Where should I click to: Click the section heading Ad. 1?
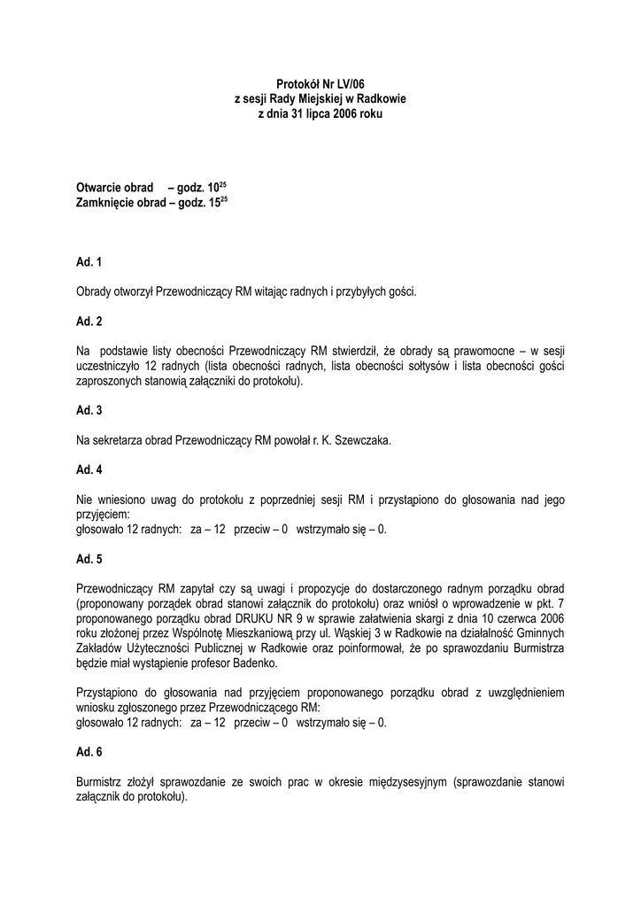tap(89, 262)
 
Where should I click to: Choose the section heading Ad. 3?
tap(89, 410)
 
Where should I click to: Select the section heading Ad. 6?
tap(89, 752)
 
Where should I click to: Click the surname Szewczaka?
tap(359, 439)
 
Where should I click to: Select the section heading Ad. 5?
tap(89, 559)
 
